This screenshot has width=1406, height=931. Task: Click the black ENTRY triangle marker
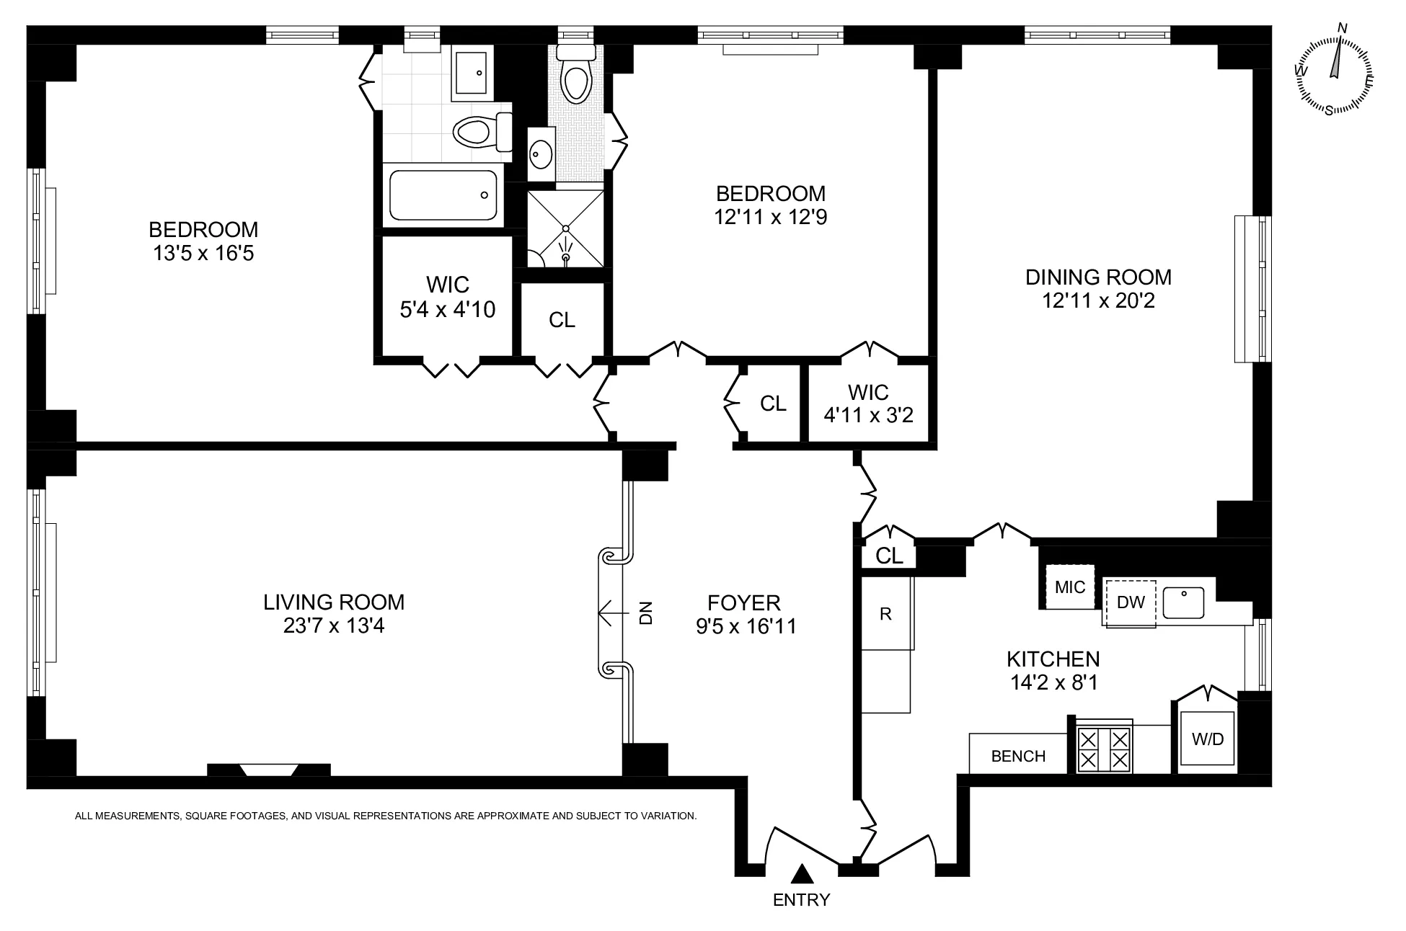pyautogui.click(x=802, y=874)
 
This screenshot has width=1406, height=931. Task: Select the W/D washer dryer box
pyautogui.click(x=1207, y=739)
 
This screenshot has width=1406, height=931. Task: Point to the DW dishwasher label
pyautogui.click(x=1131, y=602)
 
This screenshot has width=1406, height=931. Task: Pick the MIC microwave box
pyautogui.click(x=1070, y=587)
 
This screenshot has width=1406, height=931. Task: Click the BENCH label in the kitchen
pyautogui.click(x=1018, y=756)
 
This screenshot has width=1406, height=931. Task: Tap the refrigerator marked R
pyautogui.click(x=886, y=613)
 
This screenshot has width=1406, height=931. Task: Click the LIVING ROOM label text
pyautogui.click(x=334, y=602)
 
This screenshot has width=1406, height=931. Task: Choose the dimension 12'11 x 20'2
pyautogui.click(x=1098, y=300)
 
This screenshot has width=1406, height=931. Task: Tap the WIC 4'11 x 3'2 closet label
pyautogui.click(x=868, y=404)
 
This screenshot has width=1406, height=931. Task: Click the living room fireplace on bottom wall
pyautogui.click(x=268, y=770)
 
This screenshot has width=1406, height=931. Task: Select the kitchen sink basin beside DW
pyautogui.click(x=1183, y=602)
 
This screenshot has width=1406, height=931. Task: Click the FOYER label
pyautogui.click(x=744, y=602)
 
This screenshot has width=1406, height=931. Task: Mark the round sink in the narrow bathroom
pyautogui.click(x=541, y=153)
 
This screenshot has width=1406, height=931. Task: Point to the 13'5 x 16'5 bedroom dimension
pyautogui.click(x=203, y=254)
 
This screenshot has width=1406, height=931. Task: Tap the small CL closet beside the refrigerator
pyautogui.click(x=889, y=556)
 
